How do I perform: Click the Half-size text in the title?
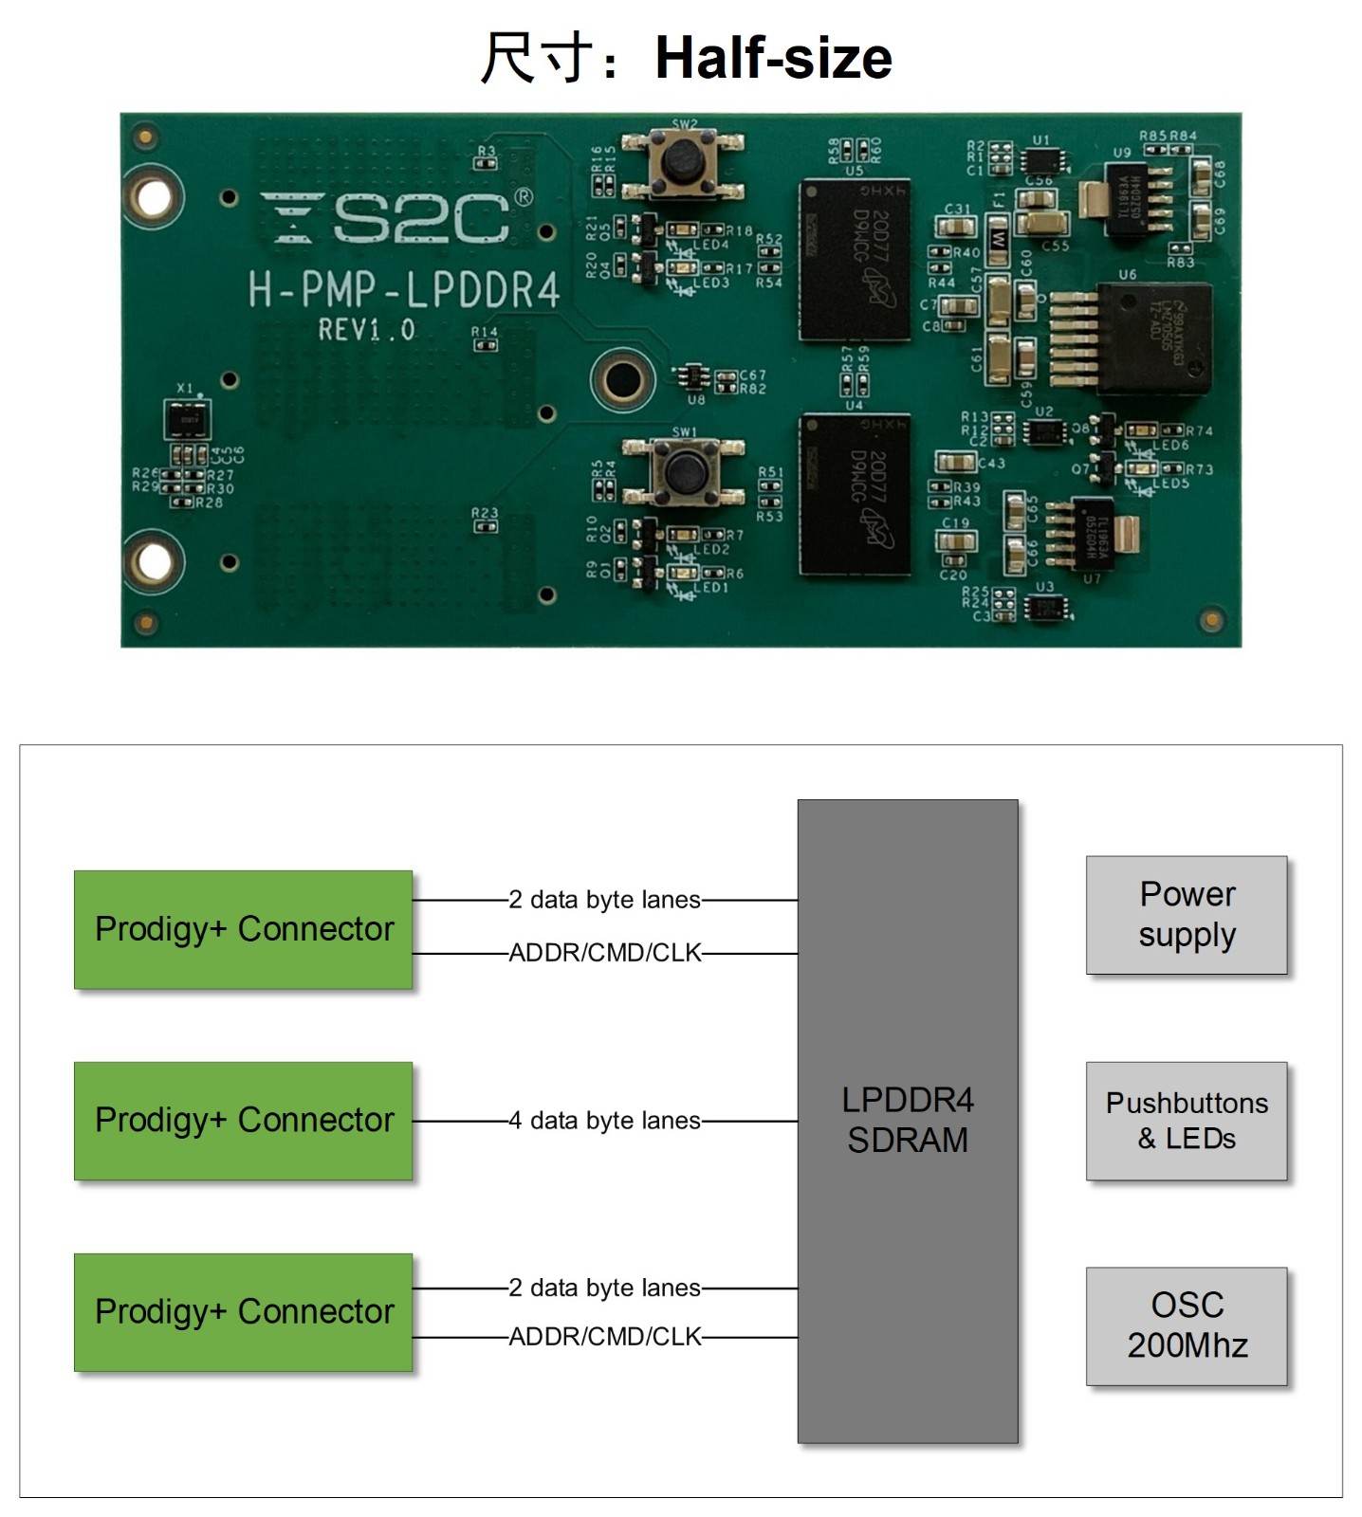coord(773,58)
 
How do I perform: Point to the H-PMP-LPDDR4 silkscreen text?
coord(404,289)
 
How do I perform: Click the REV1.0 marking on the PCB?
coord(366,330)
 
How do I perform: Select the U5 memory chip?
coord(855,260)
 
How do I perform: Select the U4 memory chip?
coord(855,494)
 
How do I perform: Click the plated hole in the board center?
coord(622,379)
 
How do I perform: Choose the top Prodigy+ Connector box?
coord(244,929)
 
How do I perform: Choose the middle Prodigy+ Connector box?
coord(244,1121)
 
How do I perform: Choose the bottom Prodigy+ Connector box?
coord(244,1312)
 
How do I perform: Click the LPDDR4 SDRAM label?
coord(908,1120)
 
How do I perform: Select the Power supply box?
coord(1187,915)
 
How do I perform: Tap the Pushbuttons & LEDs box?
coord(1187,1121)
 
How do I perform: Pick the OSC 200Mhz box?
coord(1187,1325)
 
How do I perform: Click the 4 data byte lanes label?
coord(605,1121)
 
